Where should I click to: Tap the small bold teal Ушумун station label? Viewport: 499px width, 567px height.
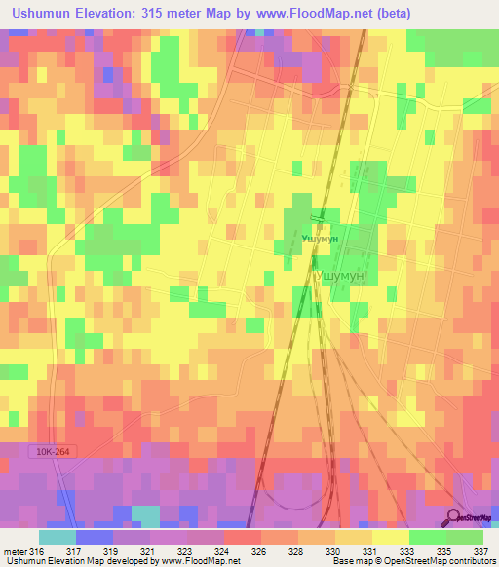(320, 237)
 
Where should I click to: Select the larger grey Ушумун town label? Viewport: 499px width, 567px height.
(341, 277)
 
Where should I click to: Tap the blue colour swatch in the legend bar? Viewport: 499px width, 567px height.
(94, 537)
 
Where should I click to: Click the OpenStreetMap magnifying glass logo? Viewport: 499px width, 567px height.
(454, 517)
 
